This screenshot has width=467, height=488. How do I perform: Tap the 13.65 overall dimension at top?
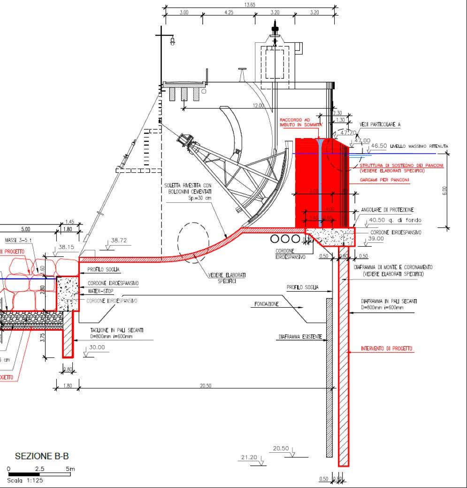pyautogui.click(x=250, y=5)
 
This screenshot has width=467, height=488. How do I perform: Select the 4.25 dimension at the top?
pyautogui.click(x=229, y=13)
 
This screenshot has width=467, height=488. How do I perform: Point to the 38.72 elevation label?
pyautogui.click(x=119, y=240)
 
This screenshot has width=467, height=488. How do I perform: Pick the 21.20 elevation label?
pyautogui.click(x=249, y=457)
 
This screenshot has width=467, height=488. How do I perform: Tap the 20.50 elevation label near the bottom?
pyautogui.click(x=281, y=449)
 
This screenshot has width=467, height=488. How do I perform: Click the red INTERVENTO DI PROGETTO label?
pyautogui.click(x=387, y=349)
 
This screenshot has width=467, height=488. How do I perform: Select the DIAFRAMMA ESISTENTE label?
pyautogui.click(x=300, y=337)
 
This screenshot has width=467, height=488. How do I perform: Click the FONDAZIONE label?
pyautogui.click(x=267, y=304)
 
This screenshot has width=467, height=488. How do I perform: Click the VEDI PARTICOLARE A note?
pyautogui.click(x=380, y=124)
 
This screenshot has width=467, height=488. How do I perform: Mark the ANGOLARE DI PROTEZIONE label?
pyautogui.click(x=387, y=210)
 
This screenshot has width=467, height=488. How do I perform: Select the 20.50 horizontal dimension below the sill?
pyautogui.click(x=206, y=386)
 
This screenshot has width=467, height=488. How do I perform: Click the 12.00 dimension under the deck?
pyautogui.click(x=259, y=106)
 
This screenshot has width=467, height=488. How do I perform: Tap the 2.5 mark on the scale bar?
pyautogui.click(x=40, y=469)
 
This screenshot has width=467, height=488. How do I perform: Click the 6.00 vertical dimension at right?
pyautogui.click(x=445, y=190)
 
